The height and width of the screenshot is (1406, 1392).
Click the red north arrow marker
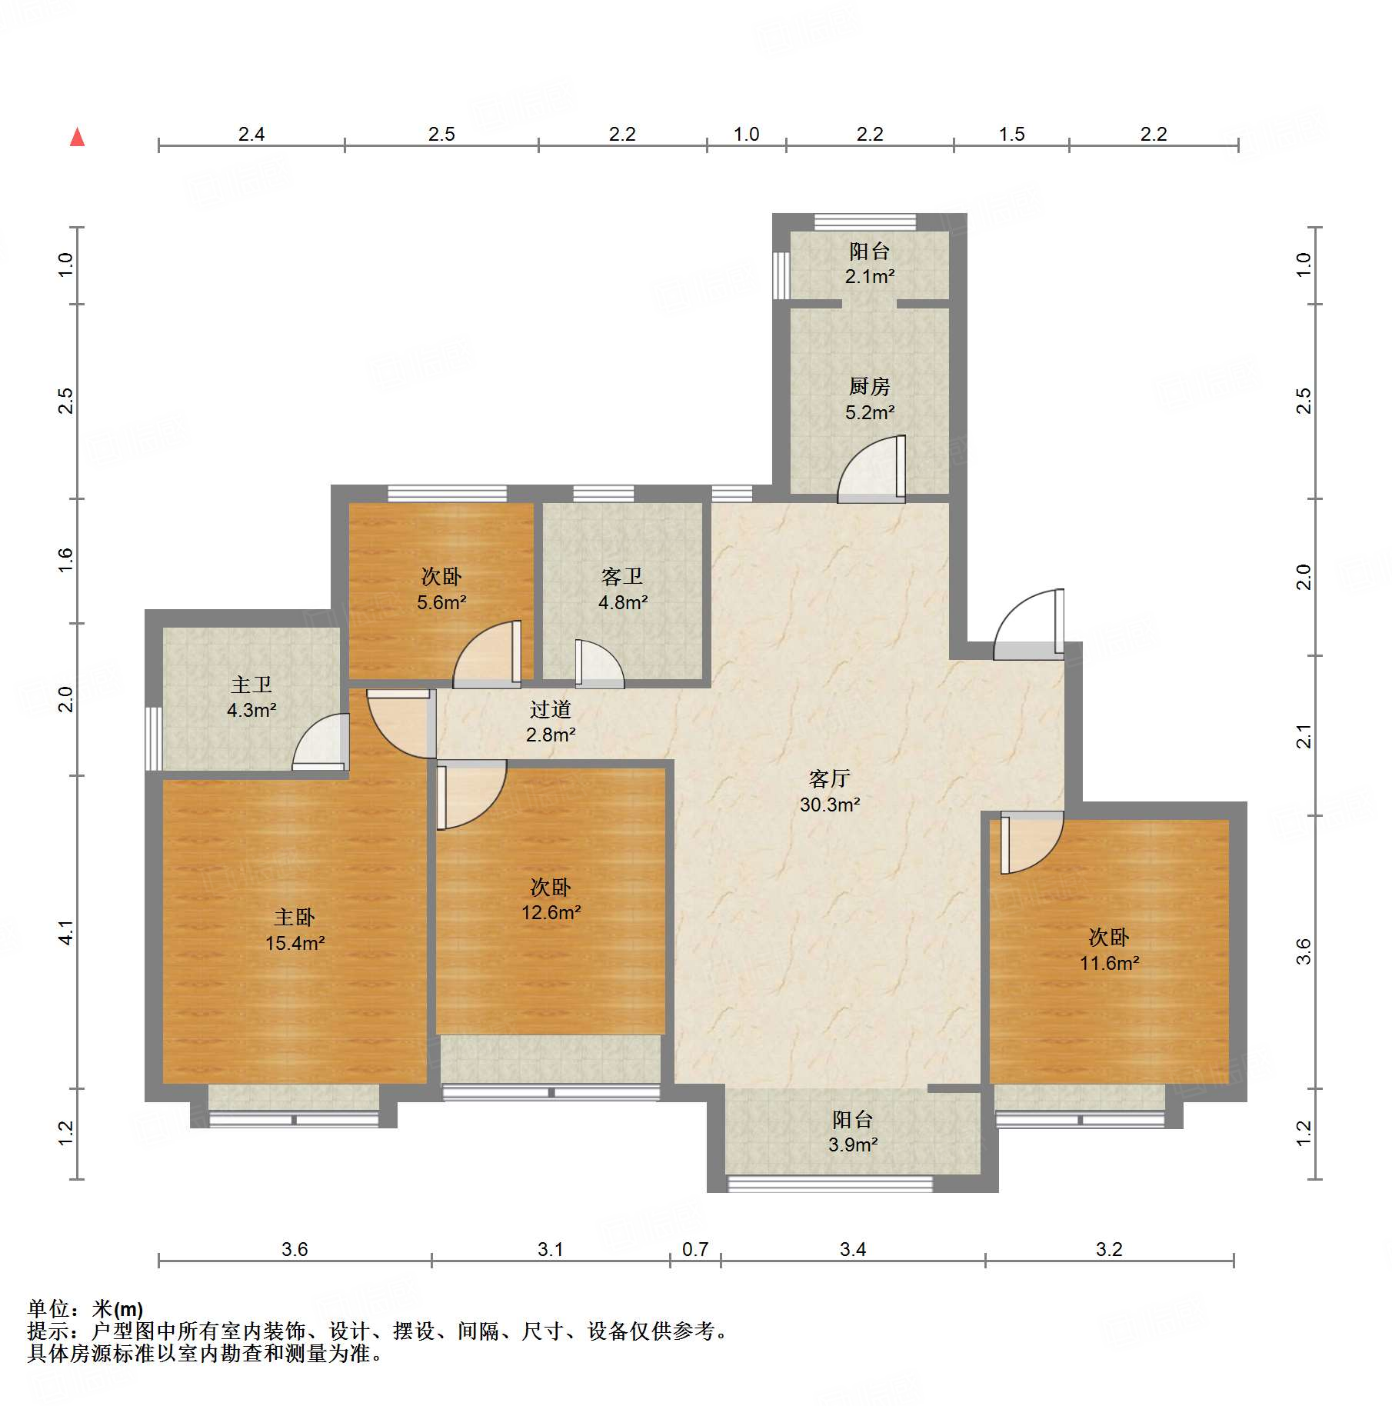pos(77,137)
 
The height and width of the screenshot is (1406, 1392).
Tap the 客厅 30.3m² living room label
pos(830,791)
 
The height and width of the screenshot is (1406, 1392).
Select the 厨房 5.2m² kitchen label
pos(870,398)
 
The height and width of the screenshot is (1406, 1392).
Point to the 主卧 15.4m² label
pos(295,929)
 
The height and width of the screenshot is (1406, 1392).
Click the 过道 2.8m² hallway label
pos(551,721)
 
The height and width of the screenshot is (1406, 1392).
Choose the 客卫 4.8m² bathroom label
pos(622,588)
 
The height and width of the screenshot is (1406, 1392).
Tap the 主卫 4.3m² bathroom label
pos(251,697)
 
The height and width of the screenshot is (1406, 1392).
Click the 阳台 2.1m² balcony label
pos(870,263)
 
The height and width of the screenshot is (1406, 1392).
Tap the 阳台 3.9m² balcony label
pos(853,1131)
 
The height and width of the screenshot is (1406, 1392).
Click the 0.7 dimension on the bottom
pos(695,1249)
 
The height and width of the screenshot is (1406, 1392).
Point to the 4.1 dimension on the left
pos(66,932)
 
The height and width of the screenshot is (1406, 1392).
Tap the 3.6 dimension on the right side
pos(1304,952)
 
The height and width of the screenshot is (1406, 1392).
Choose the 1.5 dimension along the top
pos(1011,134)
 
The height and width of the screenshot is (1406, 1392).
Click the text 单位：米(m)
pos(85,1308)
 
